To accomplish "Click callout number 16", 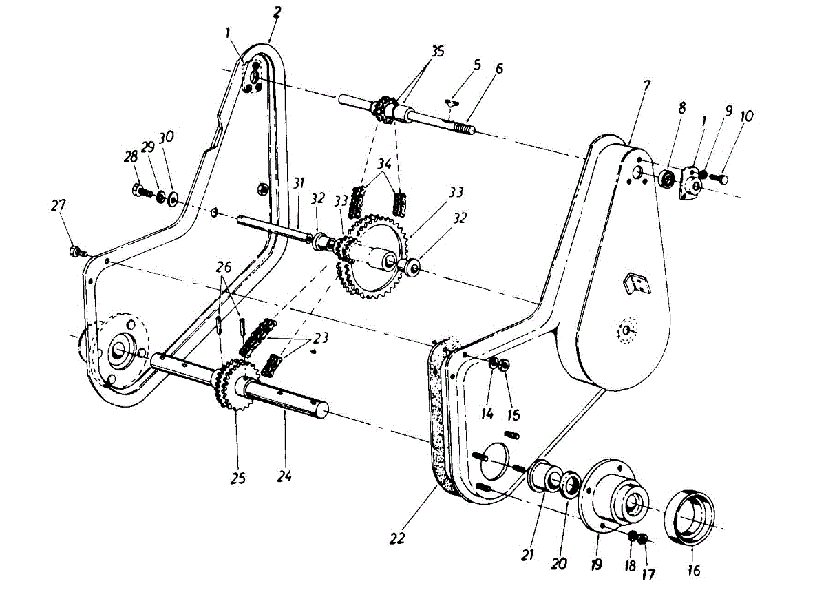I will (693, 571).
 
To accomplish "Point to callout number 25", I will (237, 477).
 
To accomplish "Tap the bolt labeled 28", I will (138, 189).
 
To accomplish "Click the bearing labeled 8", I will (666, 179).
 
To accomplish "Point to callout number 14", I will (487, 414).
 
